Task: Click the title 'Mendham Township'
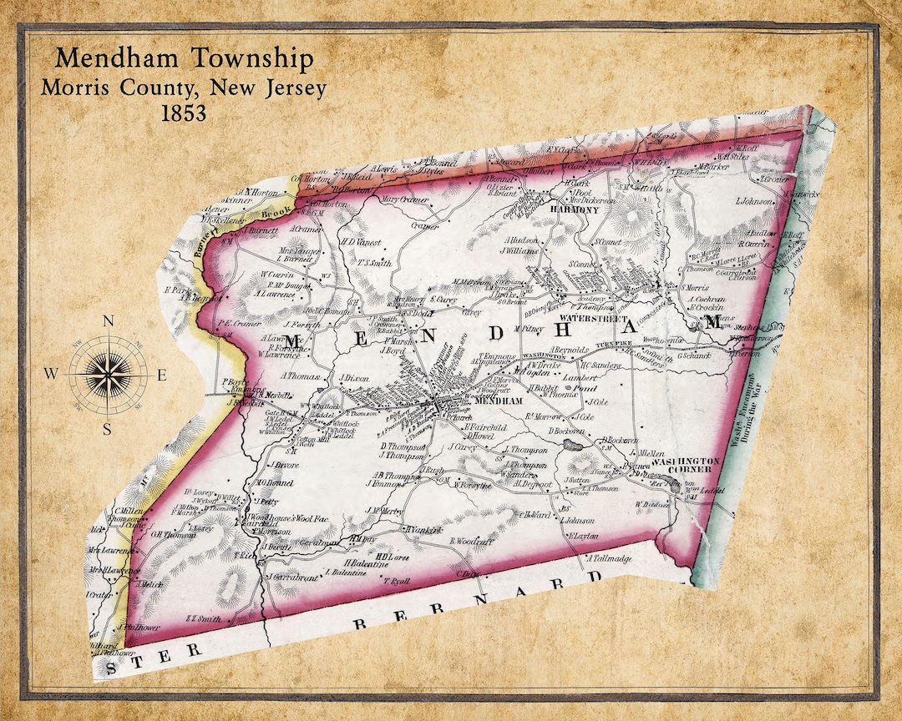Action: [185, 59]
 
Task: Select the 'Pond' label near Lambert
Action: [585, 389]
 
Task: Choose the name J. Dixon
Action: [354, 378]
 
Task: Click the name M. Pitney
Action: [528, 329]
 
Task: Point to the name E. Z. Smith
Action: [202, 618]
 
